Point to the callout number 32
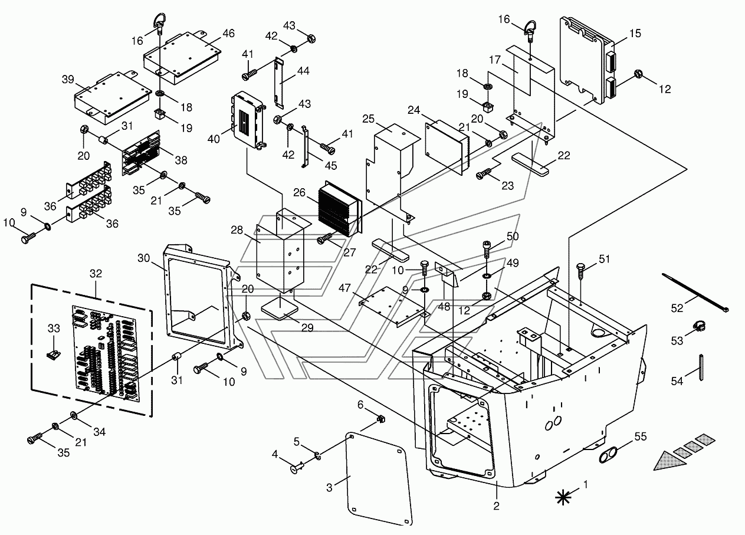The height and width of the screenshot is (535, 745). coord(96,274)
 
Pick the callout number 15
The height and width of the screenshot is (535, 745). coord(635,33)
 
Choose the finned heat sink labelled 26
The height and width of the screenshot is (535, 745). coord(339,211)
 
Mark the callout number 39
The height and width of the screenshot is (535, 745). coord(68,80)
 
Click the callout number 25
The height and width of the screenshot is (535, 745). coord(369,119)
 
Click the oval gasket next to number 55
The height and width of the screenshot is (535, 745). coord(609,455)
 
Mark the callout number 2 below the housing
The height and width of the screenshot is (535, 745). coord(497,506)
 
